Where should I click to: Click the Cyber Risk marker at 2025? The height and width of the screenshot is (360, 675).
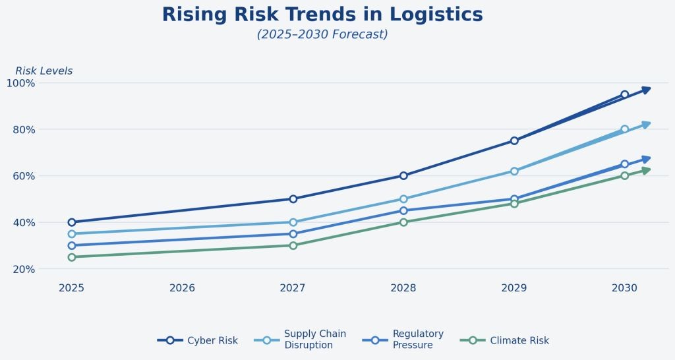tap(72, 222)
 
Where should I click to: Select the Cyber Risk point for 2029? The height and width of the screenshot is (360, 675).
tap(514, 140)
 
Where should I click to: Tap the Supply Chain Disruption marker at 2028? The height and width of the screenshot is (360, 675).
tap(403, 198)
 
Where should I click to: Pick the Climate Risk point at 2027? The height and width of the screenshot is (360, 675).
tap(293, 245)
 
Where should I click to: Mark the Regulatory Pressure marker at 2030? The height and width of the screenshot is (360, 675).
tap(624, 164)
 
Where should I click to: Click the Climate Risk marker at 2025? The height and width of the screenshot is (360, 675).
tap(72, 257)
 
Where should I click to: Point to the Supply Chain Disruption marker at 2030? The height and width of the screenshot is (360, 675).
tap(624, 129)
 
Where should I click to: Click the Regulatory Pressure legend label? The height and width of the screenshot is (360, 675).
tap(418, 340)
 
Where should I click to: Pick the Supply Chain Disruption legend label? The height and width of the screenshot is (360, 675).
tap(314, 340)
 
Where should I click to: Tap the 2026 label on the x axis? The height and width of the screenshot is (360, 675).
tap(183, 288)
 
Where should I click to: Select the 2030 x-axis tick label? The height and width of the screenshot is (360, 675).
tap(624, 288)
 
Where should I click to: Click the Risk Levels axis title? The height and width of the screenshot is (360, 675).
tap(44, 71)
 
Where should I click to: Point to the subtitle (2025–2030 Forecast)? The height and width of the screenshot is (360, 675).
tap(322, 34)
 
